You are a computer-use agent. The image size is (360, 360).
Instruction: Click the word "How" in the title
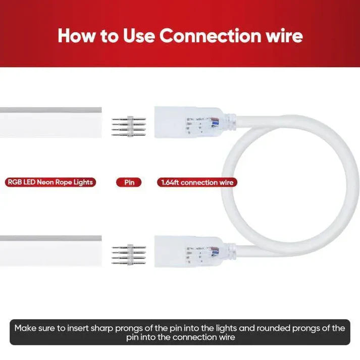coord(76,36)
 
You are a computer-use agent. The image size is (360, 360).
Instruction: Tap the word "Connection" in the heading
coord(211,36)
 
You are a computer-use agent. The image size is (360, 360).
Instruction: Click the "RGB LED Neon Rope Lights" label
coord(50,182)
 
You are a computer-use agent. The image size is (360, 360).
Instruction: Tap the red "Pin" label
coord(129,183)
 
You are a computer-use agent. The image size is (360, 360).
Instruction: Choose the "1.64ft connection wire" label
coord(197,183)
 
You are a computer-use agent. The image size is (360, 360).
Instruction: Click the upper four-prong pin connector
coord(129,126)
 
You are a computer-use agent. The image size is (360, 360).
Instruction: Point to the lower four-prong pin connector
coord(129,255)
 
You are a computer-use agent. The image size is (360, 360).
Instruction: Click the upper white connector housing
coord(189,122)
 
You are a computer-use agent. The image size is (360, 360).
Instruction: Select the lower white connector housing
coord(189,251)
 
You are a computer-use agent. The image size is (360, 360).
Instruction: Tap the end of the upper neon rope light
coord(100,122)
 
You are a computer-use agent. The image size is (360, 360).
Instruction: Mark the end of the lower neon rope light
coord(100,251)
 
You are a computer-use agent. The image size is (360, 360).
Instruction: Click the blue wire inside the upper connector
coord(215,124)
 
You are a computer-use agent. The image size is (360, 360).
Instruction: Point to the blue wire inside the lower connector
coord(215,253)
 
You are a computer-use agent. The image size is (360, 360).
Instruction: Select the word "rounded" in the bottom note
coord(273,328)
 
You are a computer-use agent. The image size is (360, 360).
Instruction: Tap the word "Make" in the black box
coord(25,328)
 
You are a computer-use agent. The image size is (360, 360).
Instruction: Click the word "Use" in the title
coord(138,36)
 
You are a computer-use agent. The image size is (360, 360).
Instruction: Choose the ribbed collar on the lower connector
coord(230,251)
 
